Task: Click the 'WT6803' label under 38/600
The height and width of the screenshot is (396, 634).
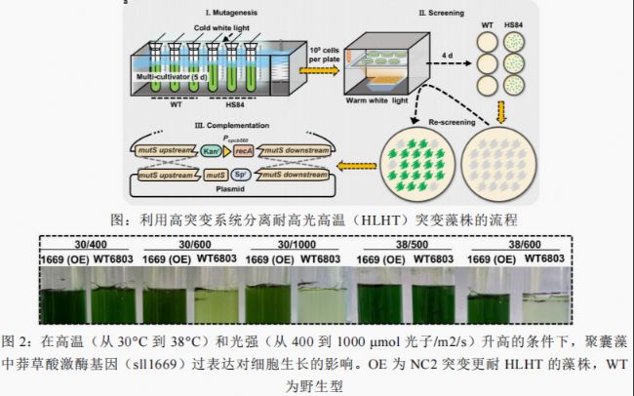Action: (x=547, y=258)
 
